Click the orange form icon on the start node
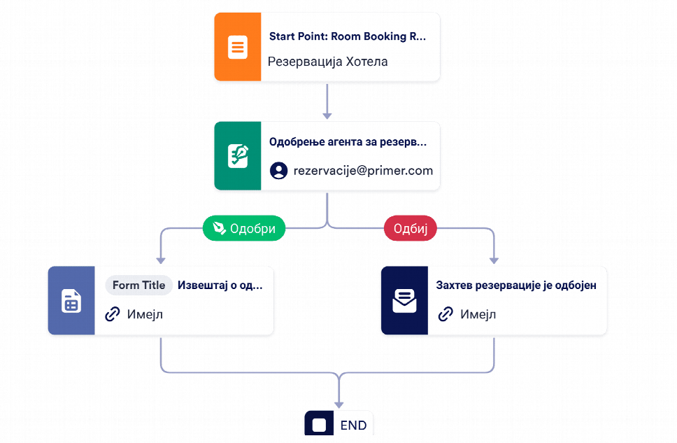click(238, 47)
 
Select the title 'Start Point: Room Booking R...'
click(348, 36)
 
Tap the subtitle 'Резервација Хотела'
click(328, 62)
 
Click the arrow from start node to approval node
click(327, 101)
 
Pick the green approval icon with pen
click(238, 156)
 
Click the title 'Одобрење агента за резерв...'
click(348, 142)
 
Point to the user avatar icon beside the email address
click(278, 171)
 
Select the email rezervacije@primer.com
click(363, 171)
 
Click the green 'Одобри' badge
click(244, 228)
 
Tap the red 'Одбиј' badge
click(410, 228)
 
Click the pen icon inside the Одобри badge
click(220, 228)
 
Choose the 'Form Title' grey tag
click(138, 286)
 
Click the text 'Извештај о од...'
click(220, 286)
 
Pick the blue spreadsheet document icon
click(71, 300)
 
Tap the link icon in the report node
click(113, 314)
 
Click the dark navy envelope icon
click(404, 300)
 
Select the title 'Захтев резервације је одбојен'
click(516, 286)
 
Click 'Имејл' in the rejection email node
click(478, 314)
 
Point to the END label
click(353, 426)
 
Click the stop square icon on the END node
click(319, 425)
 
